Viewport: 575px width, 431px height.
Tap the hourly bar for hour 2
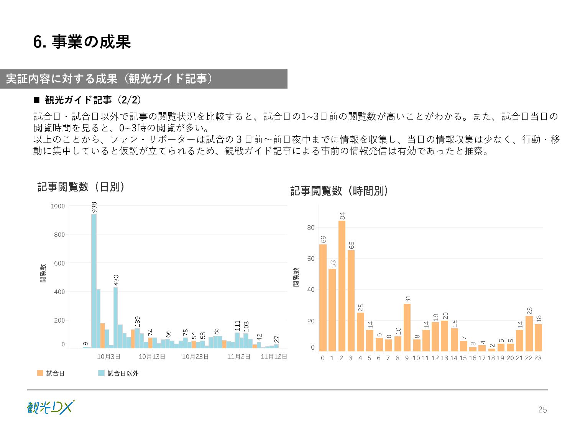point(342,286)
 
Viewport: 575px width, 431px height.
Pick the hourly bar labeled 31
point(407,328)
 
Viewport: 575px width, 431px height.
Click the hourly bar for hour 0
point(323,298)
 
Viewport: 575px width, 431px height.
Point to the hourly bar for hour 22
point(529,333)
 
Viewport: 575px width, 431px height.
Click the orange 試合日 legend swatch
point(40,373)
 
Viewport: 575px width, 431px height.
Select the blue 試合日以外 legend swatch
point(101,373)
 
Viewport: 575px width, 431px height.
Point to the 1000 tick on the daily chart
point(58,206)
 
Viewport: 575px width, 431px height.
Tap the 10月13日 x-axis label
point(152,357)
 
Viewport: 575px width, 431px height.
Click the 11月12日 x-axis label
point(274,357)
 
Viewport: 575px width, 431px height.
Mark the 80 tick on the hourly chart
point(311,228)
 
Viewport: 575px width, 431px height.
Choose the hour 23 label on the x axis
point(538,358)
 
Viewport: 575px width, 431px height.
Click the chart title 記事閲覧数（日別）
point(81,187)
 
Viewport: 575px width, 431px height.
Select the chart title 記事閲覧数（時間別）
point(339,191)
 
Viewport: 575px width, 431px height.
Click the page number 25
point(542,410)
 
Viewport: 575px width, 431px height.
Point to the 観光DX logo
point(50,407)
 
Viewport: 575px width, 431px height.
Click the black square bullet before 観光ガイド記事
point(37,100)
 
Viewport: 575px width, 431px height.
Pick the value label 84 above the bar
point(342,216)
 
